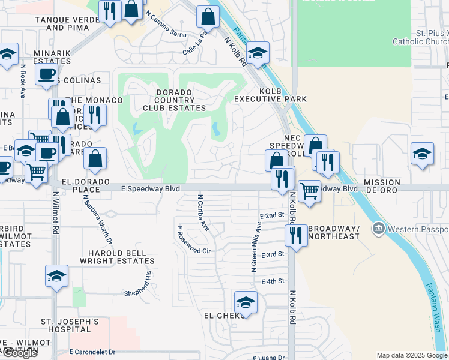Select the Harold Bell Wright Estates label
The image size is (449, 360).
[x=118, y=257]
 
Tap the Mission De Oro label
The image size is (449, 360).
[x=382, y=186]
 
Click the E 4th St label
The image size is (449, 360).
[x=272, y=281]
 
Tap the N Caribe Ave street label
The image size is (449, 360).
[x=202, y=213]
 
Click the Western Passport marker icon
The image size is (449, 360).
[x=378, y=229]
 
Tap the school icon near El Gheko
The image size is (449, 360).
[x=245, y=302]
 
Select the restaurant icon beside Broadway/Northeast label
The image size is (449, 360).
[x=295, y=236]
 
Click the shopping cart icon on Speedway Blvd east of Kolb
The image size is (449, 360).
[x=309, y=191]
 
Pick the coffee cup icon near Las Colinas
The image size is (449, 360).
[x=46, y=74]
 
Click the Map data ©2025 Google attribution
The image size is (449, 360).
[x=411, y=355]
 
